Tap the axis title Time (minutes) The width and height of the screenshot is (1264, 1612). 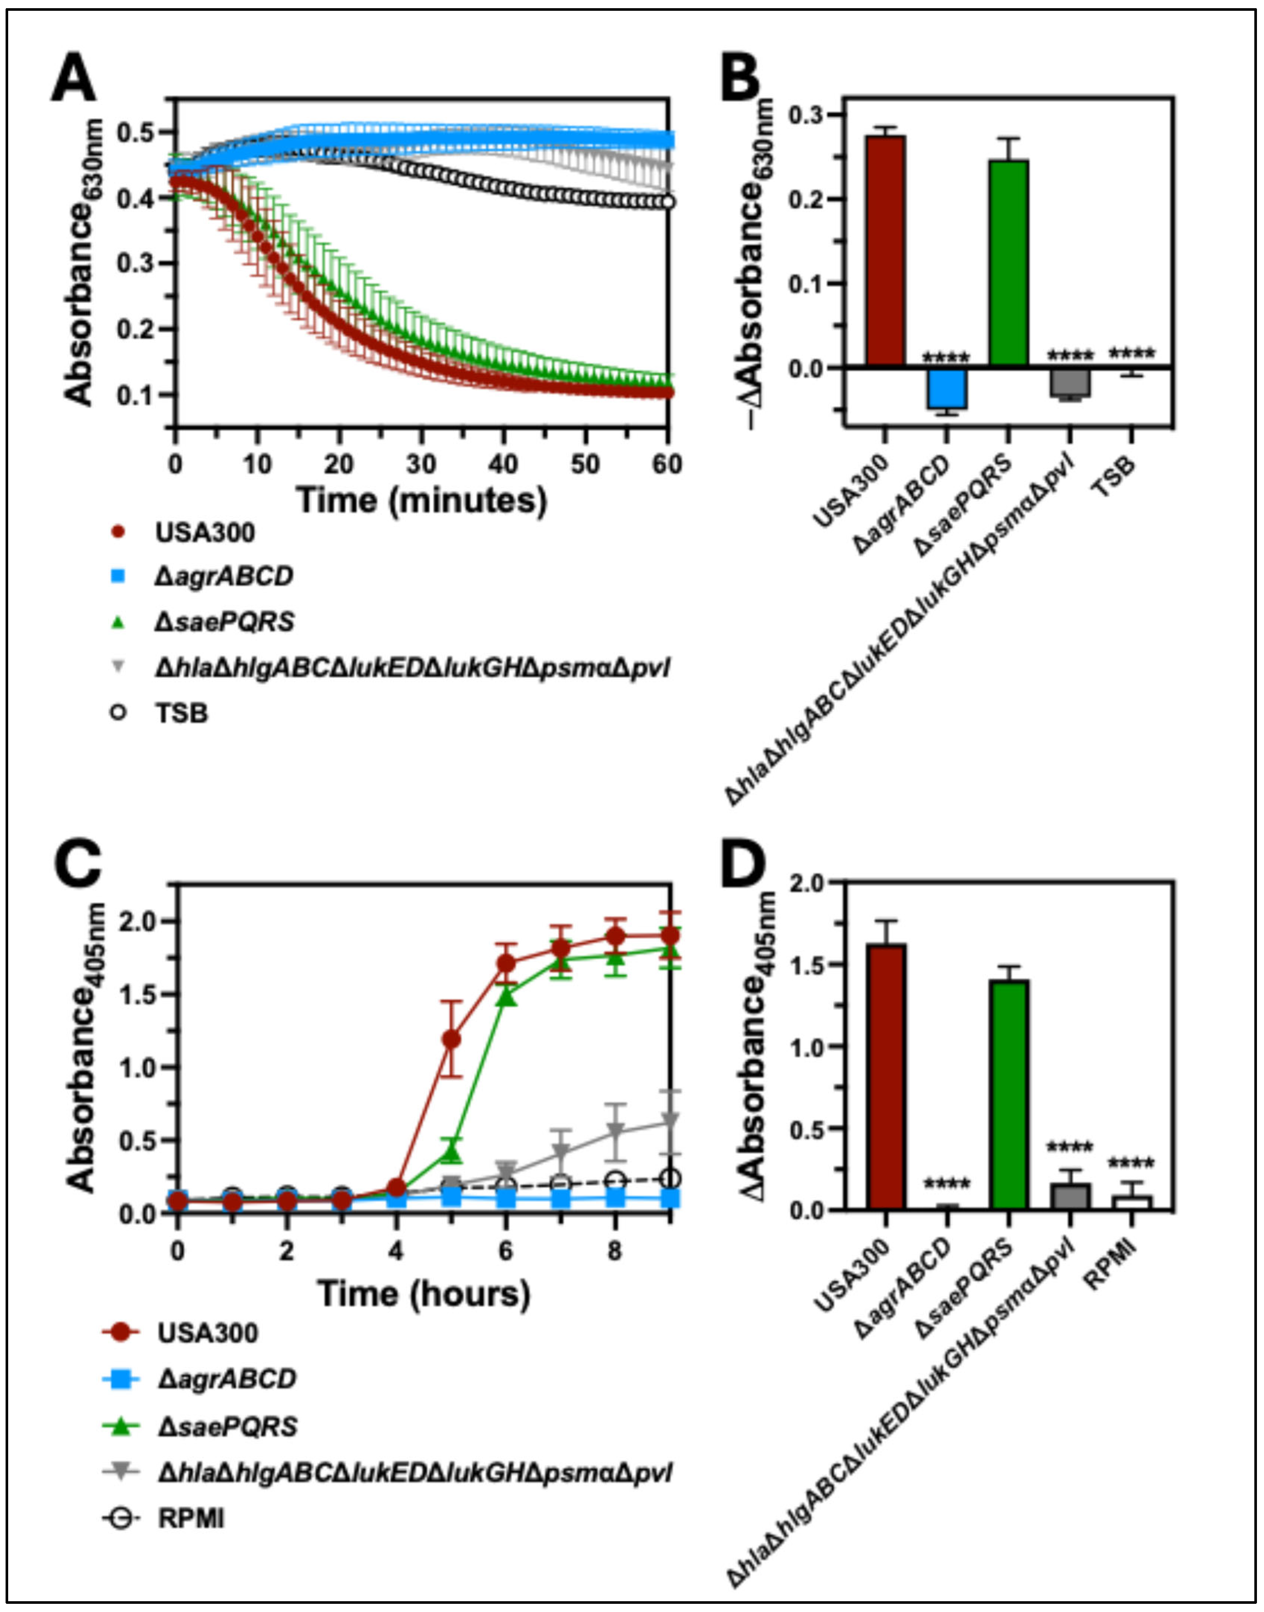click(422, 501)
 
